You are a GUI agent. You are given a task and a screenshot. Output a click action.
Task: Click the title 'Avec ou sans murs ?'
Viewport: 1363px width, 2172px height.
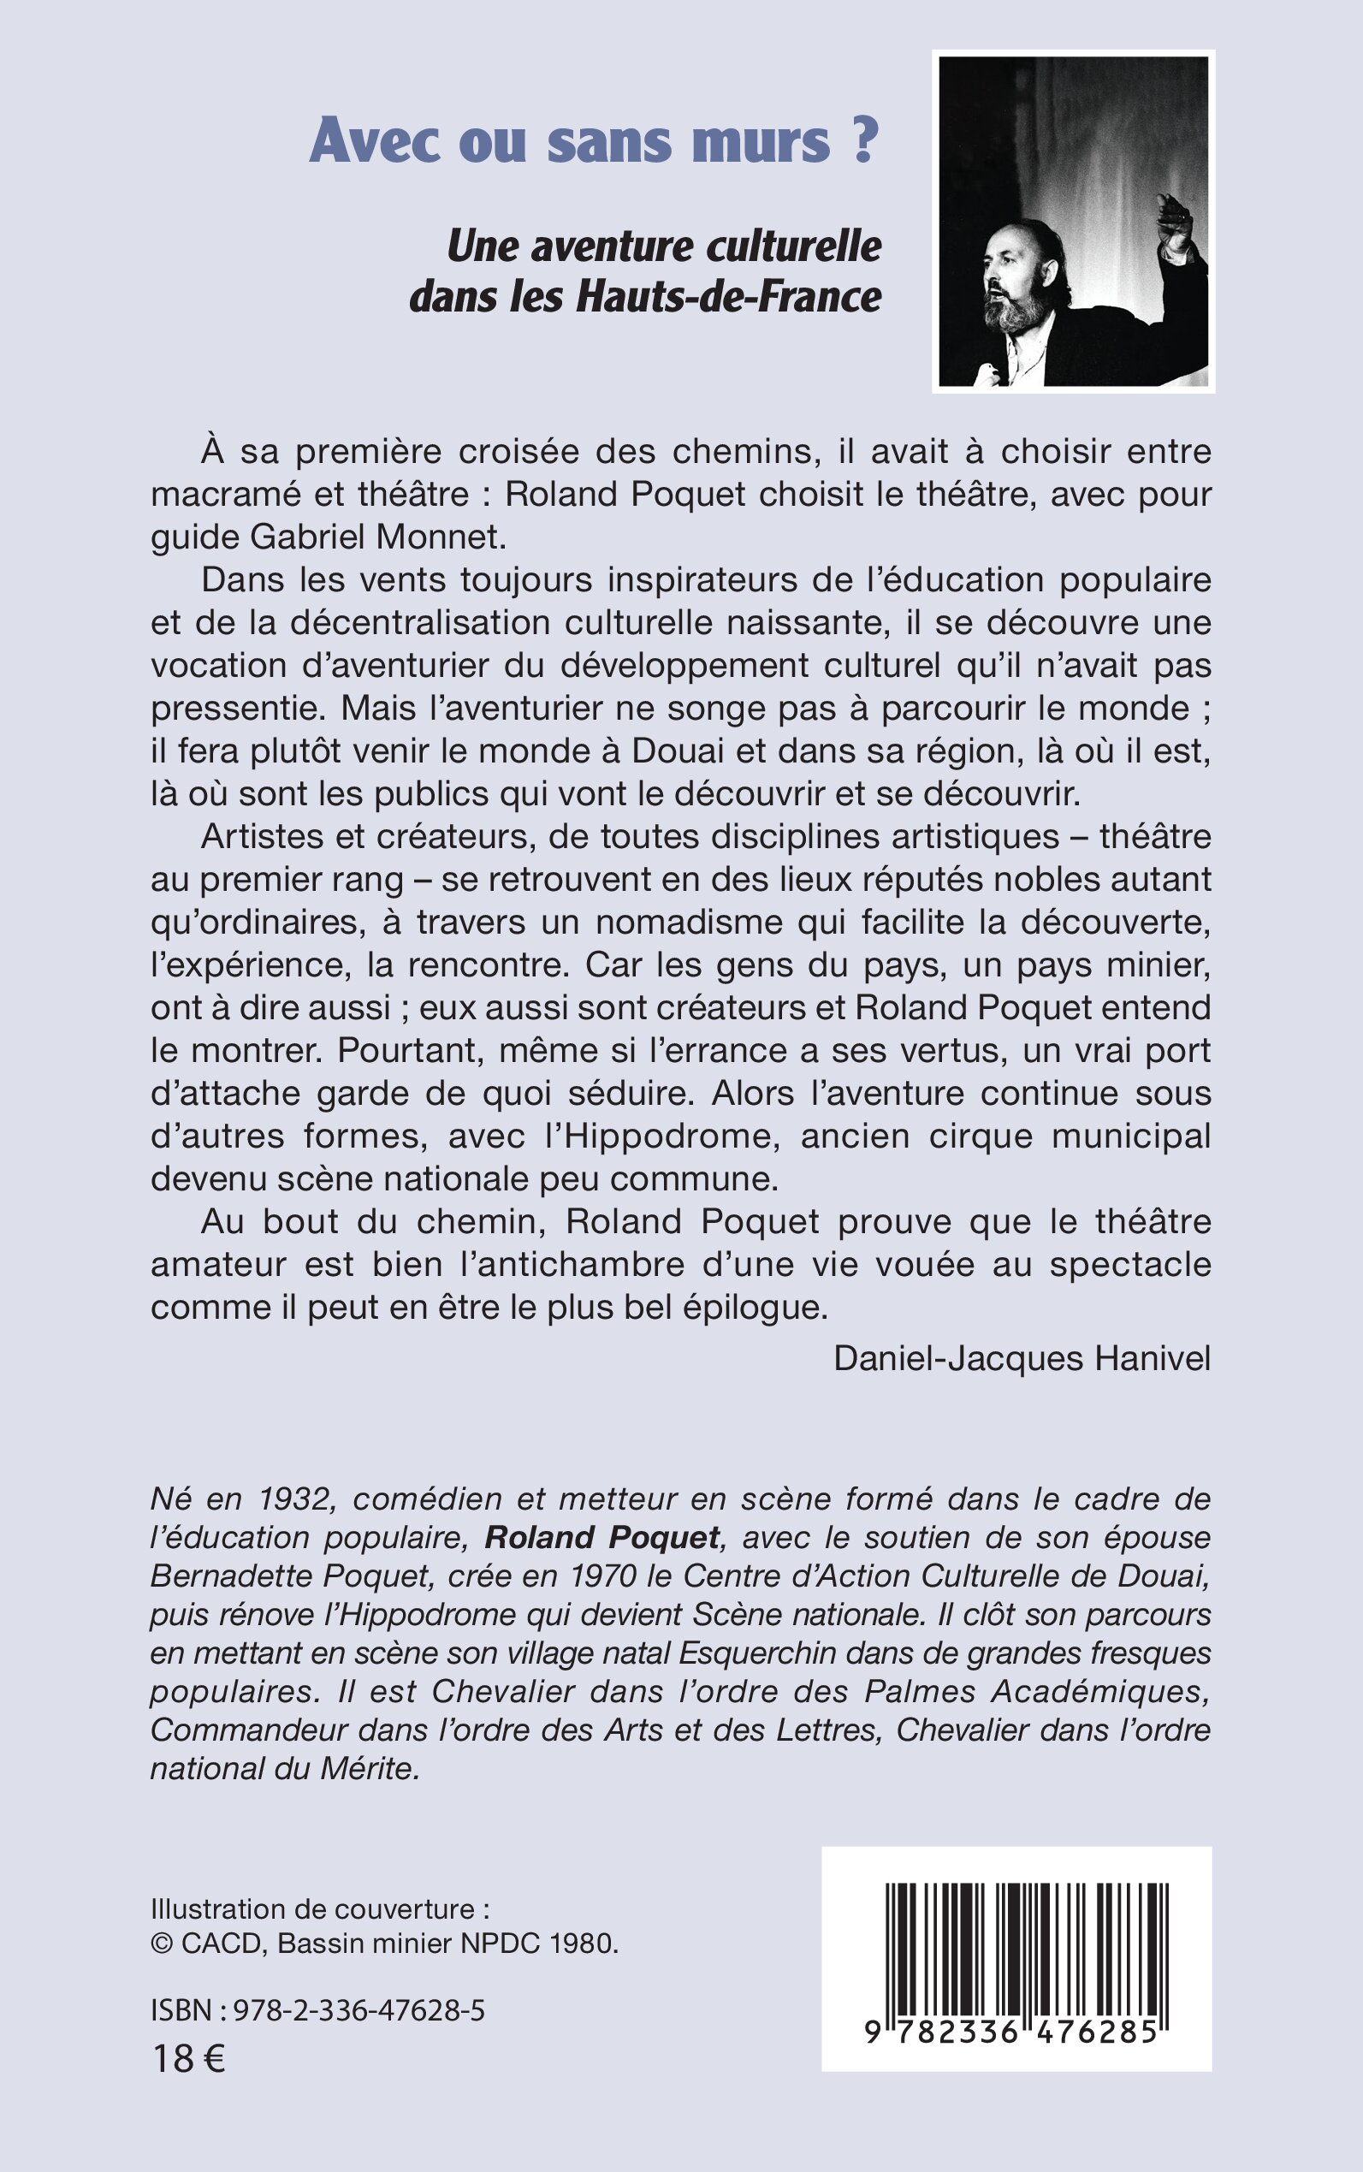coord(592,142)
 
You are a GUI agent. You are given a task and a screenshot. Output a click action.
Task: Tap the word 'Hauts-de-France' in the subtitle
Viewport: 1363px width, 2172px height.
coord(728,297)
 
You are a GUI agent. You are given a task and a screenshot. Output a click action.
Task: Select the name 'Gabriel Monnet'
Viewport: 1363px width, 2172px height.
coord(377,537)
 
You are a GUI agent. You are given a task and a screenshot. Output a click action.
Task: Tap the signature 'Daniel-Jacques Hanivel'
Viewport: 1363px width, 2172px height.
coord(1022,1358)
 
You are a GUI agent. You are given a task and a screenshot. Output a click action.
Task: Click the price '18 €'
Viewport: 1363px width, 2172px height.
coord(188,2058)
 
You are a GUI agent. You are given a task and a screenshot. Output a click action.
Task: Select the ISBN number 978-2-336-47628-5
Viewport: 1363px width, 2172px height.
coord(359,2009)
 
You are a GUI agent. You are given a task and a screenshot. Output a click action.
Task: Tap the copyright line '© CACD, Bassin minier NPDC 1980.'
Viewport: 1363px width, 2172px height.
coord(385,1943)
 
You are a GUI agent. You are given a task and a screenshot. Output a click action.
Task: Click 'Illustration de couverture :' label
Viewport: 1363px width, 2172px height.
coord(320,1908)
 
